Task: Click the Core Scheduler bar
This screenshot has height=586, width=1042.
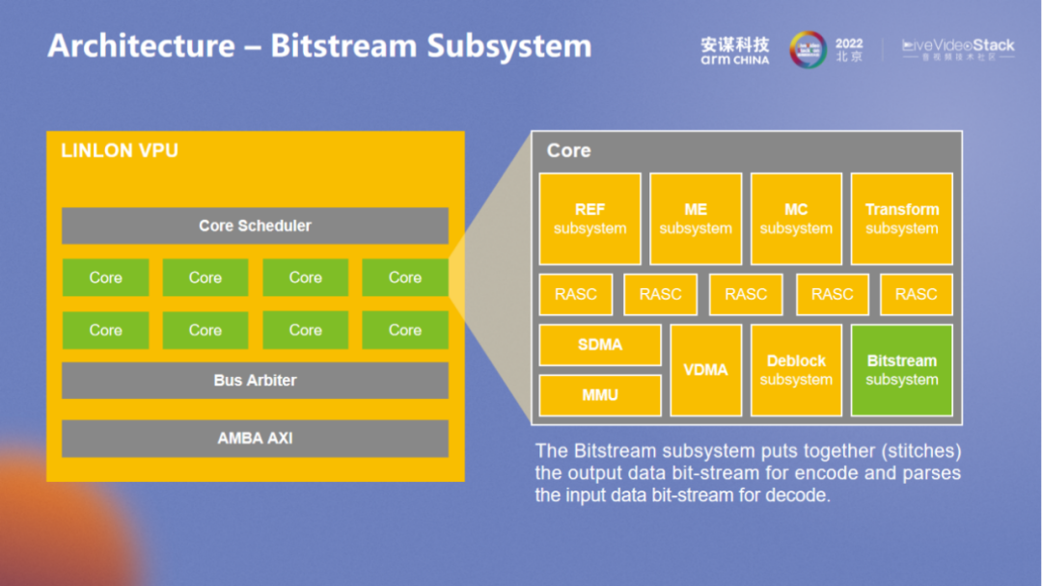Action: click(255, 226)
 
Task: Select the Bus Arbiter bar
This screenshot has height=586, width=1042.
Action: click(255, 380)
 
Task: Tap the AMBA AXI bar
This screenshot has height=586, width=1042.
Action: click(255, 438)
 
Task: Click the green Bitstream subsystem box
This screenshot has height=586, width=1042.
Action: click(901, 370)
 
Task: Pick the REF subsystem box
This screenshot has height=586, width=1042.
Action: click(590, 219)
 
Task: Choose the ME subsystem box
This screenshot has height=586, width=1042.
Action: click(696, 219)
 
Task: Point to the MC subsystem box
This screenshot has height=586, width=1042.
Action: click(796, 219)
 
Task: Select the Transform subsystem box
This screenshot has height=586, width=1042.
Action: click(901, 219)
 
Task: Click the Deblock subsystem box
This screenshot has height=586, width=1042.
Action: click(796, 370)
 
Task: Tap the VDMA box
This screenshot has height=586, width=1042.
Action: click(705, 370)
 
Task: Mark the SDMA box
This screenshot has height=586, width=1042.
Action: click(600, 345)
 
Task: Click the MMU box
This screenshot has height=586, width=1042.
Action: click(600, 395)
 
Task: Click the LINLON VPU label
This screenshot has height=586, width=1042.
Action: click(120, 151)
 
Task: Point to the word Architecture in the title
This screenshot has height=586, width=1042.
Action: click(141, 45)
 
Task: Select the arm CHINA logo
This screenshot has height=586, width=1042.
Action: click(735, 51)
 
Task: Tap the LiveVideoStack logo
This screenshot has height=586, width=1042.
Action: click(958, 49)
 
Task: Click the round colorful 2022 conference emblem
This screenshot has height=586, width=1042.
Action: click(808, 50)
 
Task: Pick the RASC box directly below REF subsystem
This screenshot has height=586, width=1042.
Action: click(576, 295)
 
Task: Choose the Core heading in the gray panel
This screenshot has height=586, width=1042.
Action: click(568, 150)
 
